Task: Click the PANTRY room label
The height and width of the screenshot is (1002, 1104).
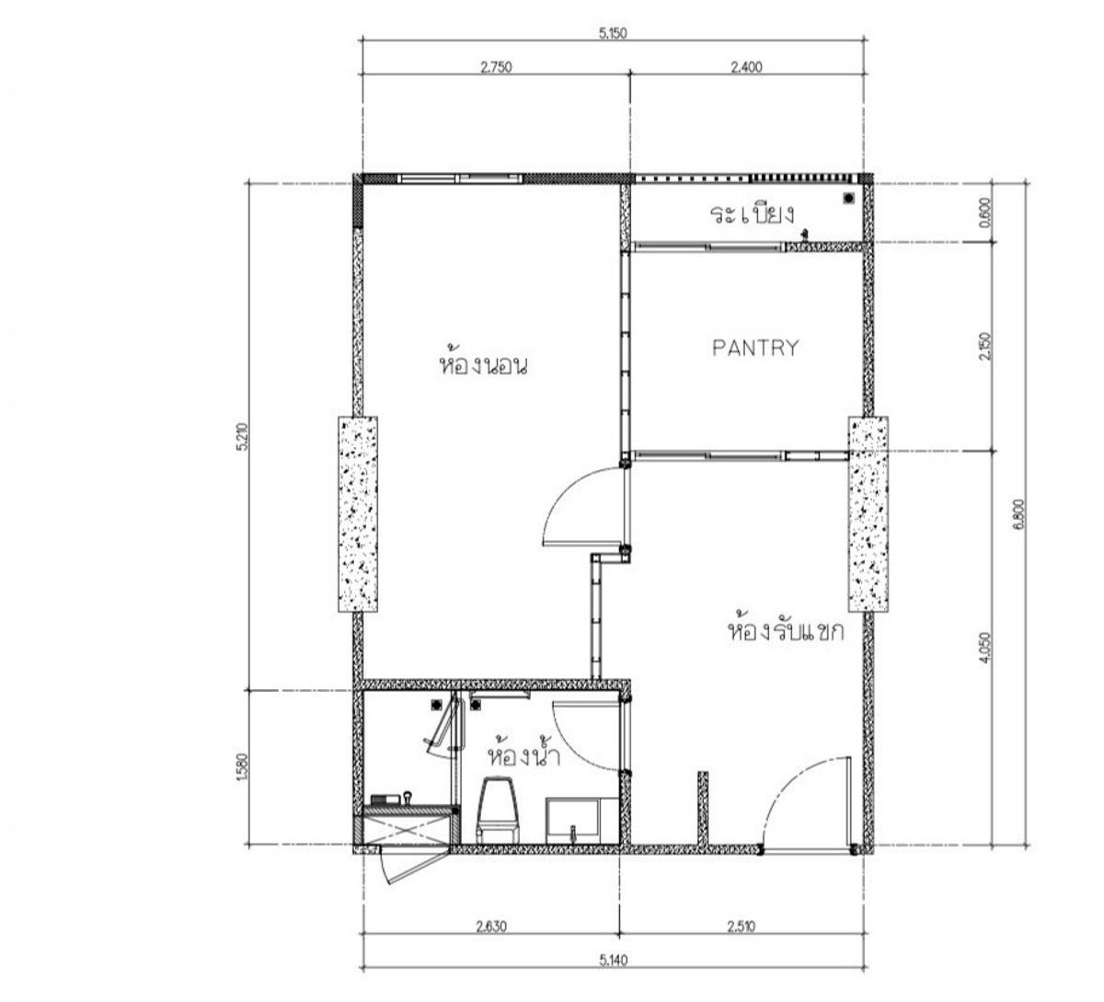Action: coord(755,348)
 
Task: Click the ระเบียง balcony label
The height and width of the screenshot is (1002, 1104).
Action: coord(753,213)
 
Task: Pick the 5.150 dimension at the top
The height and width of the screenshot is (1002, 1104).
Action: coord(613,33)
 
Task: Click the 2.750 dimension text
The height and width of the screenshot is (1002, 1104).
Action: coord(497,67)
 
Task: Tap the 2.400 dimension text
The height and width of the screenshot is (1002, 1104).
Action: coord(746,67)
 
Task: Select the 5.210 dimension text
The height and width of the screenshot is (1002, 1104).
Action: coord(242,436)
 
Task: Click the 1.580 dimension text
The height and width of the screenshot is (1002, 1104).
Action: coord(242,766)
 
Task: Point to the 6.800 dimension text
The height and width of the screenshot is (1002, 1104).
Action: coord(1018,513)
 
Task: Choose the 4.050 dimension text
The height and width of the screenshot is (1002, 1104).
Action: coord(985,648)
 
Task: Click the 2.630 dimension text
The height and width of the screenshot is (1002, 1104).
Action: coord(491,927)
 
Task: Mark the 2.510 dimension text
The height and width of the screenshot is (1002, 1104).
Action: coord(742,927)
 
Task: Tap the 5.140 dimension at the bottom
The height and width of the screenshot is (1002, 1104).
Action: coord(613,961)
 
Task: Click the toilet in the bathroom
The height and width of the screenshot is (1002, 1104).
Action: coord(498,810)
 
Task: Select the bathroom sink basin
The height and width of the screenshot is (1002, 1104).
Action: coord(572,820)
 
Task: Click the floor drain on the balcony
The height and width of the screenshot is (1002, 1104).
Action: coord(849,198)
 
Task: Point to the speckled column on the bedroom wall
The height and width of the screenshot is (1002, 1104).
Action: coord(358,514)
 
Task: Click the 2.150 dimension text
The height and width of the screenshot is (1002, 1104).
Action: coord(985,346)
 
